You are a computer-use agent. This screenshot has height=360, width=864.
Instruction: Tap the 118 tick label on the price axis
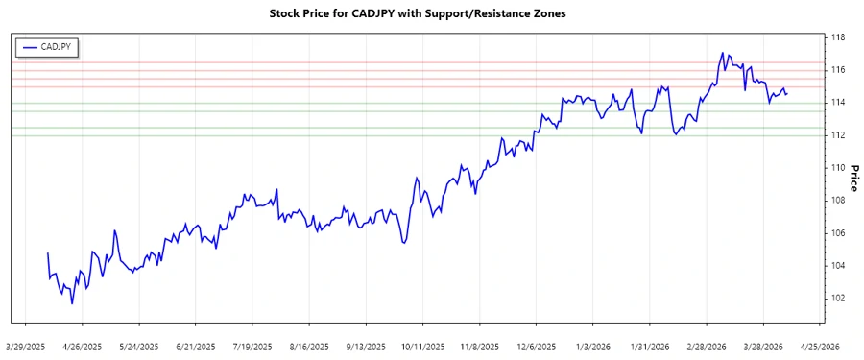tap(837, 37)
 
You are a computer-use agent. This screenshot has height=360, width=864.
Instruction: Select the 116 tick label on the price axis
tap(837, 70)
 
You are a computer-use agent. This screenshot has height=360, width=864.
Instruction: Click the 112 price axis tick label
tap(837, 135)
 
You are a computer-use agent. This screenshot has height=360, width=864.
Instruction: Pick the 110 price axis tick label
tap(837, 168)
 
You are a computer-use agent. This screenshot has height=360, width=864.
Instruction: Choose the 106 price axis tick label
tap(837, 233)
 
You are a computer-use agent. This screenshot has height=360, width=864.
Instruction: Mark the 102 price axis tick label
tap(837, 298)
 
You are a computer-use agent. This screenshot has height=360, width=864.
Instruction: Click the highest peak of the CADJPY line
tap(722, 53)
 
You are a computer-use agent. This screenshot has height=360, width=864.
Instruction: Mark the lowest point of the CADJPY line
tap(72, 304)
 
